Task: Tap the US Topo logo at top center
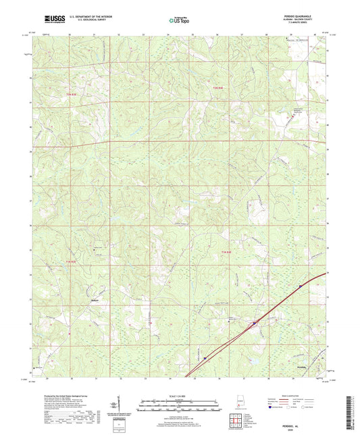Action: [x=178, y=20]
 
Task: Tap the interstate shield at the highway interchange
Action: [x=255, y=324]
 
